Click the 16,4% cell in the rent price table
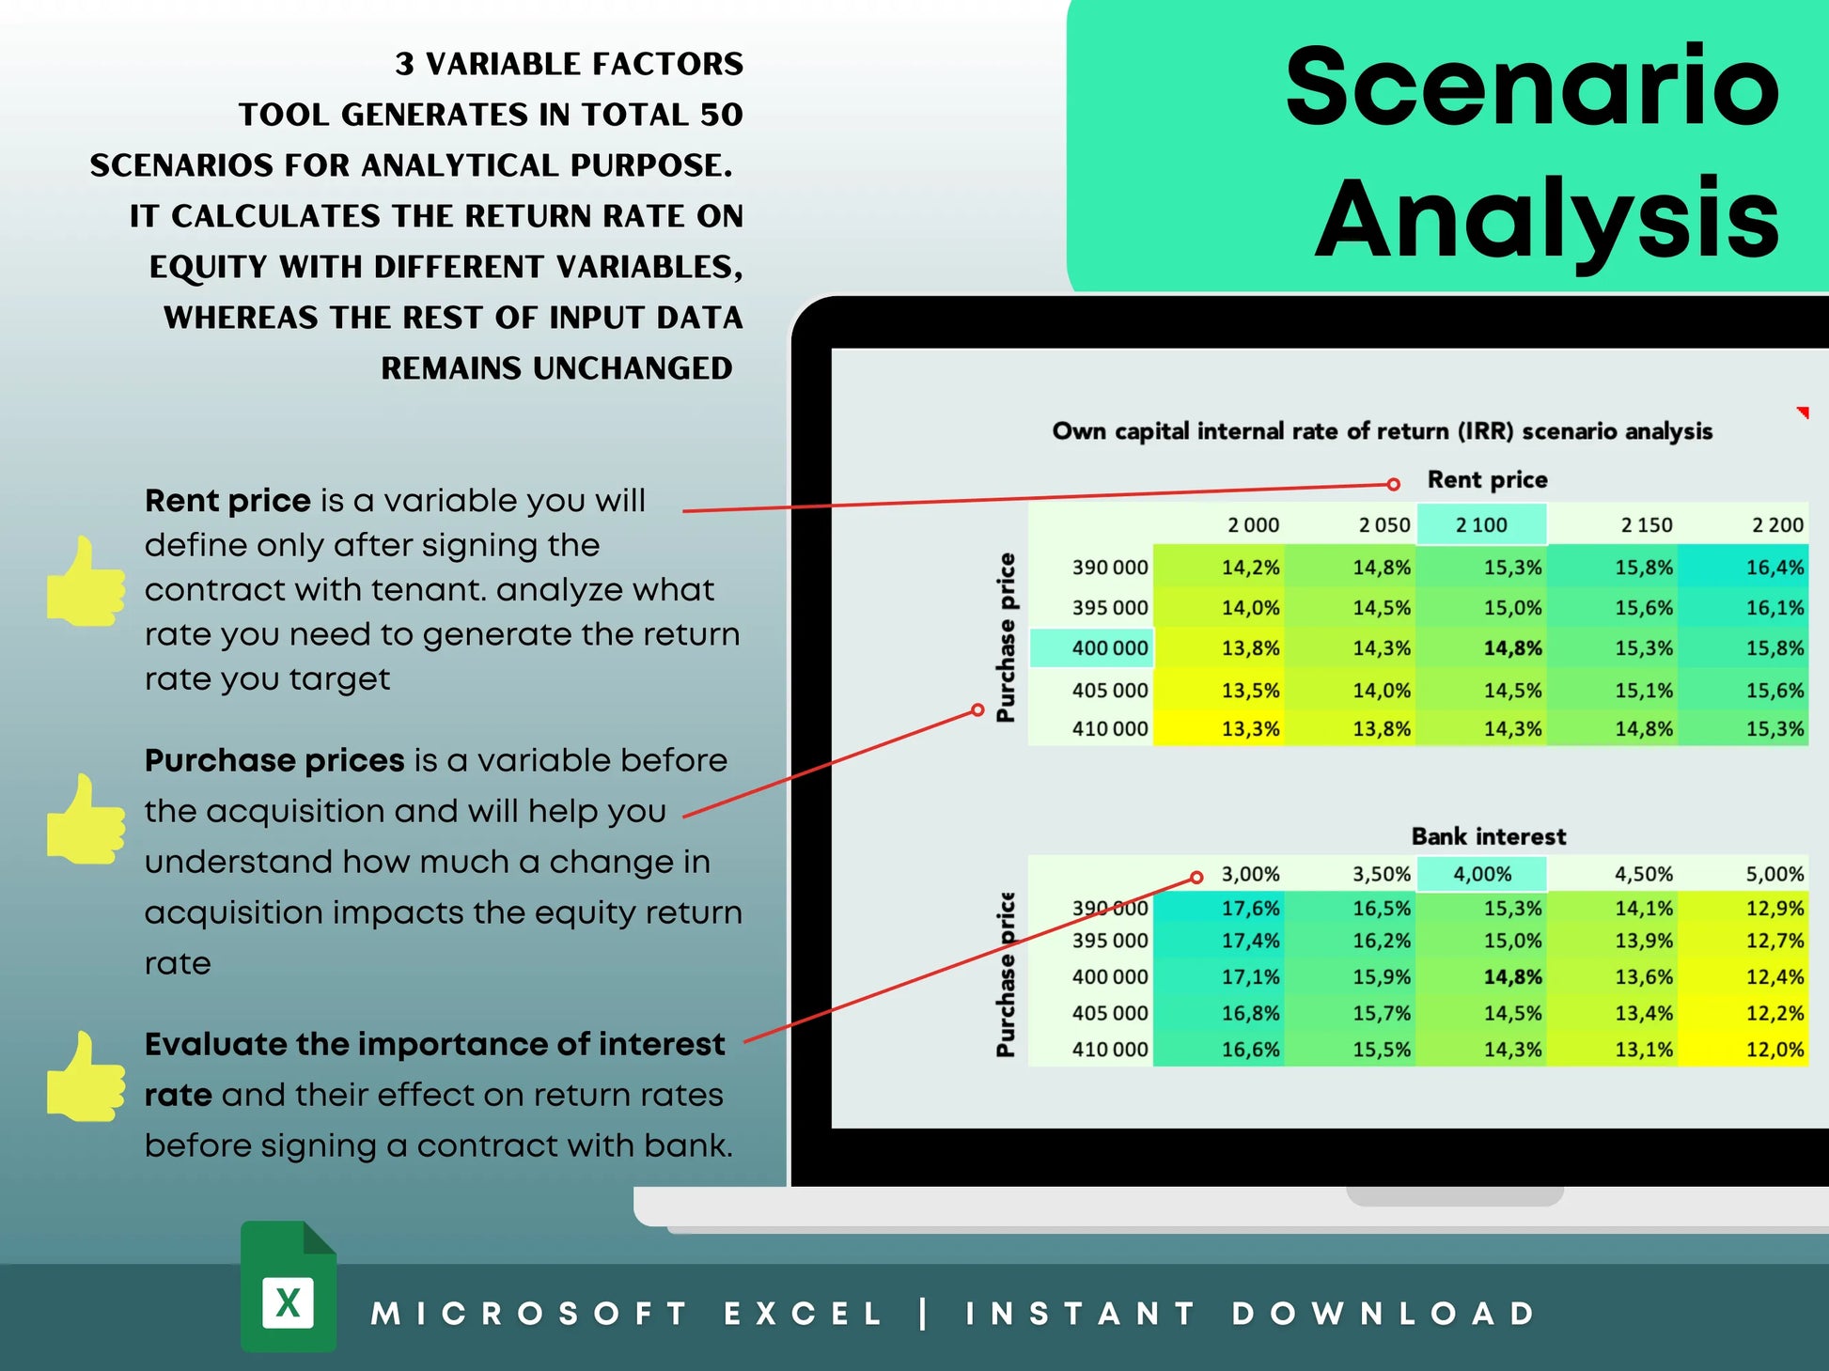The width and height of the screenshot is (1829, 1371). (1774, 568)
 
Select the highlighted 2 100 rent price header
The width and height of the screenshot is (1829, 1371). (1481, 525)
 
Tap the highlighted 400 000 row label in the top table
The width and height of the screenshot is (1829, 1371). (1109, 648)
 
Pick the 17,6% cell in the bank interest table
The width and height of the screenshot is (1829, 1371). (1250, 909)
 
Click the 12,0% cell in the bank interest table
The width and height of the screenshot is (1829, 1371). (1774, 1050)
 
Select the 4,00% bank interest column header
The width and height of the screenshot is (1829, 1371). (1481, 875)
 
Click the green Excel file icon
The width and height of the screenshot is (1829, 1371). (289, 1287)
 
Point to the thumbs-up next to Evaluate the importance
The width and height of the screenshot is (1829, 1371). (86, 1078)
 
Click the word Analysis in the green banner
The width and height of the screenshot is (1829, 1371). (1546, 221)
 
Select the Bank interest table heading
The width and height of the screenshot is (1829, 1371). (1488, 836)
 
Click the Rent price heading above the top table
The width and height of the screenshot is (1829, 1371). (1487, 480)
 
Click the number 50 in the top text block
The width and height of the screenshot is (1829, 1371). (721, 115)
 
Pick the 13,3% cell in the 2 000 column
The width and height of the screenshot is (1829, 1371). (1250, 729)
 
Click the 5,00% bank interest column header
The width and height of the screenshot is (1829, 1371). (1774, 875)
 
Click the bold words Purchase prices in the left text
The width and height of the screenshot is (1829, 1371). (274, 760)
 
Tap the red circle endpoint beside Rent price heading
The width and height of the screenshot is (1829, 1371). (1393, 484)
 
